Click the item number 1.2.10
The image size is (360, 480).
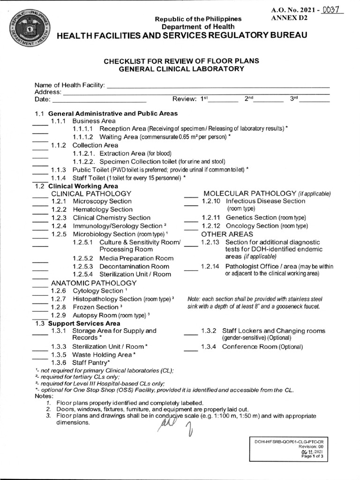tap(210, 201)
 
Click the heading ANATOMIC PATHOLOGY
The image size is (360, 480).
tap(94, 283)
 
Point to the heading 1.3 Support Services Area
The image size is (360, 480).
tap(77, 323)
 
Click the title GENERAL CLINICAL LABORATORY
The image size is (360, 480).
tap(181, 69)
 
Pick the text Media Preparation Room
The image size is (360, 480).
tap(122, 258)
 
